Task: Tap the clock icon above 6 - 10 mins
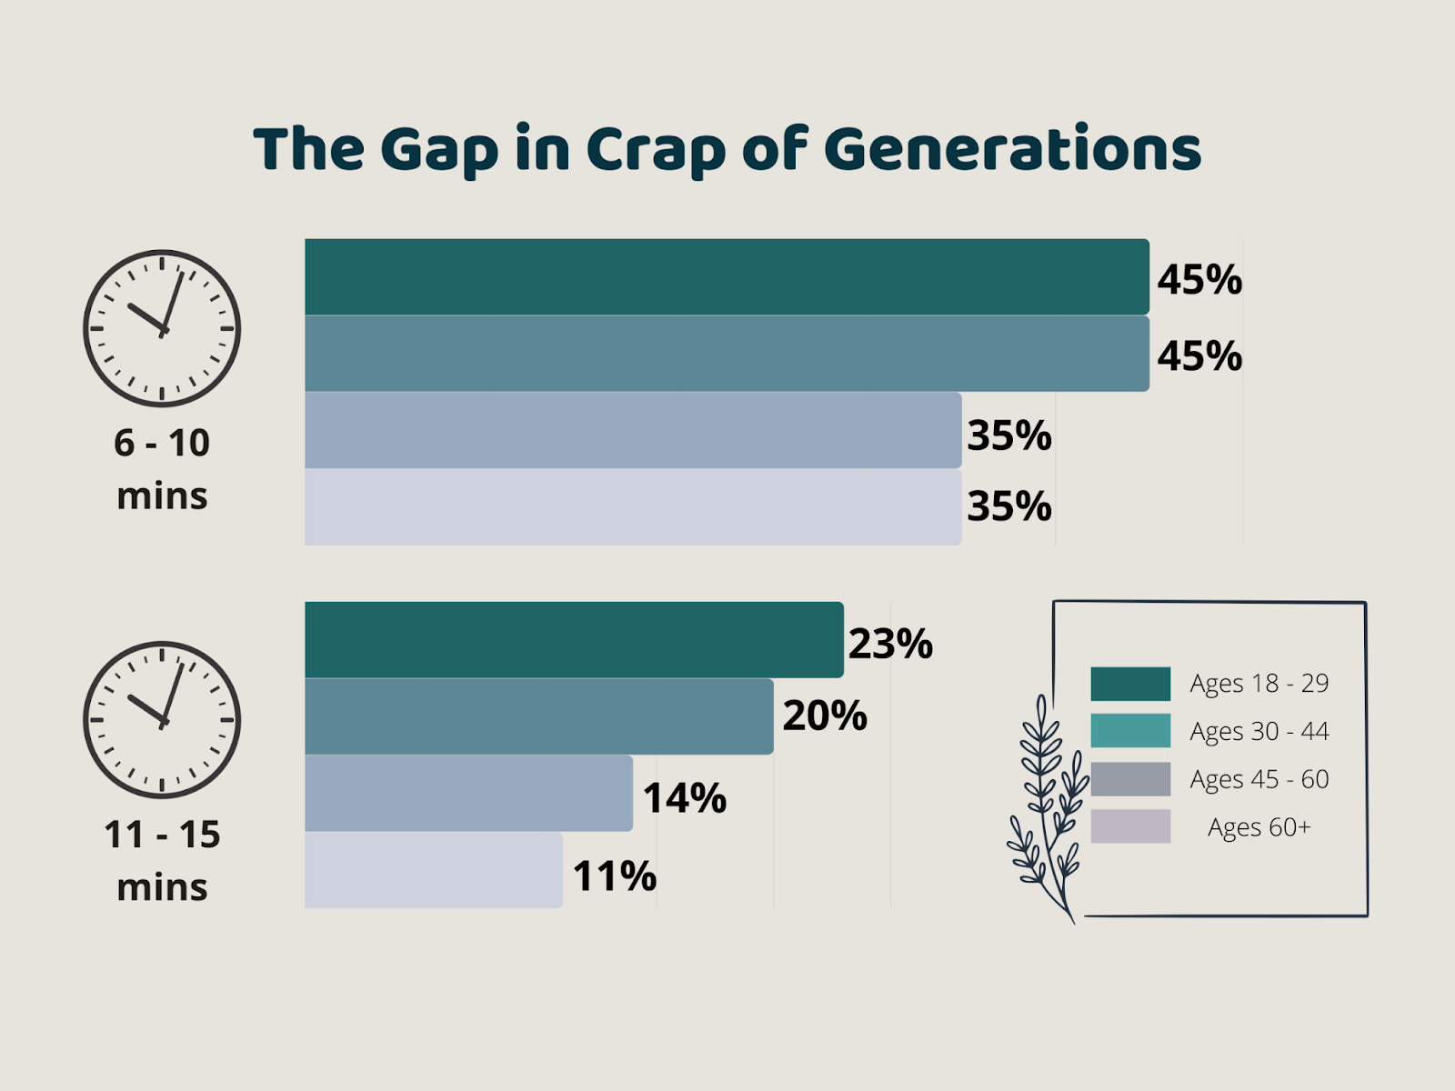tap(162, 328)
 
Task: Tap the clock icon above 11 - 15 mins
tap(162, 719)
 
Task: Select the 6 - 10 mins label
tap(162, 469)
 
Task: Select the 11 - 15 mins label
tap(162, 860)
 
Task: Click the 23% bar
tap(573, 640)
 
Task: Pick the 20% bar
tap(538, 716)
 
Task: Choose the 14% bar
tap(468, 793)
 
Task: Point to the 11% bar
tap(433, 870)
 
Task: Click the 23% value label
tap(890, 644)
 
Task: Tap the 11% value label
tap(614, 876)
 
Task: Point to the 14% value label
tap(684, 798)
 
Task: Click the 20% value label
tap(824, 716)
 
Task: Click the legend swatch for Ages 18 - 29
tap(1130, 684)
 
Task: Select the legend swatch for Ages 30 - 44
tap(1130, 731)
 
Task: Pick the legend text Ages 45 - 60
tap(1259, 779)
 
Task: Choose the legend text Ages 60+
tap(1259, 827)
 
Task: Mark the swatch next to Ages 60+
tap(1130, 826)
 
